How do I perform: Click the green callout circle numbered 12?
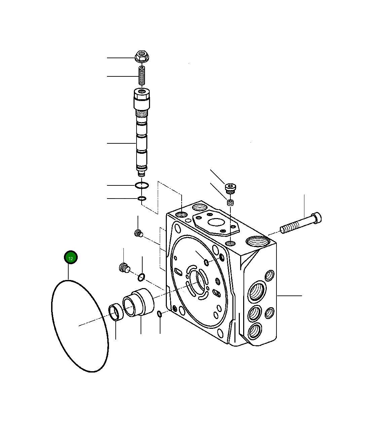71,258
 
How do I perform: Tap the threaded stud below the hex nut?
142,77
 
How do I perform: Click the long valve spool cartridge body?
141,135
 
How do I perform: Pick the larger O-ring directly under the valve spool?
142,185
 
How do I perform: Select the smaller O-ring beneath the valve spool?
142,199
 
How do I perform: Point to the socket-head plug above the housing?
230,187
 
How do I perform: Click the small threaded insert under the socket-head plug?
230,203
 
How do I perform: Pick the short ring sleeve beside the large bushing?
115,313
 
